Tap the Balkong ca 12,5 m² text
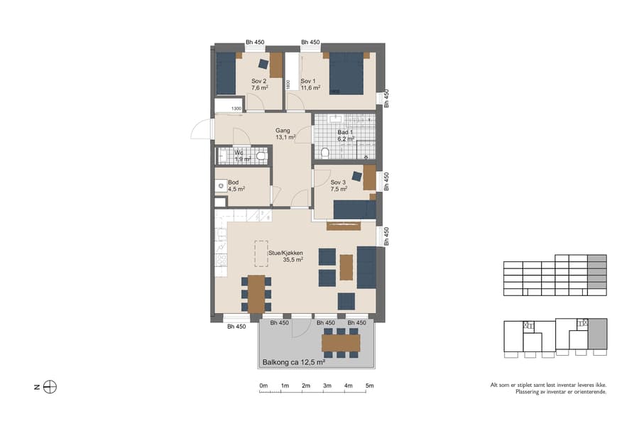click(293, 362)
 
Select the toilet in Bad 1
click(325, 153)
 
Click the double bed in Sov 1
click(346, 73)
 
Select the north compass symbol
click(50, 387)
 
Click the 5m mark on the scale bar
click(370, 386)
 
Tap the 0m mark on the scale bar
click(263, 386)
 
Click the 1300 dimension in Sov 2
click(237, 109)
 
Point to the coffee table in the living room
click(346, 267)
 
